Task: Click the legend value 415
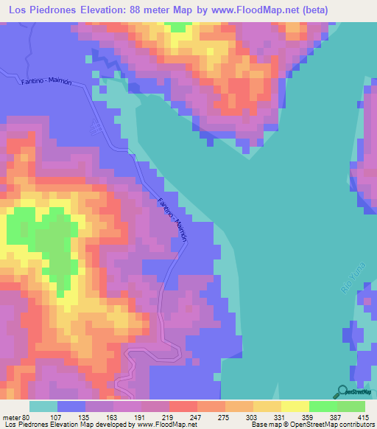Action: (x=363, y=416)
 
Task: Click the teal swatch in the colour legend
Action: (x=43, y=406)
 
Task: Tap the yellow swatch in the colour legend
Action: (x=294, y=406)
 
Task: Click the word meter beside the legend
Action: (x=12, y=416)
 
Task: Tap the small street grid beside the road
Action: (x=96, y=128)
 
